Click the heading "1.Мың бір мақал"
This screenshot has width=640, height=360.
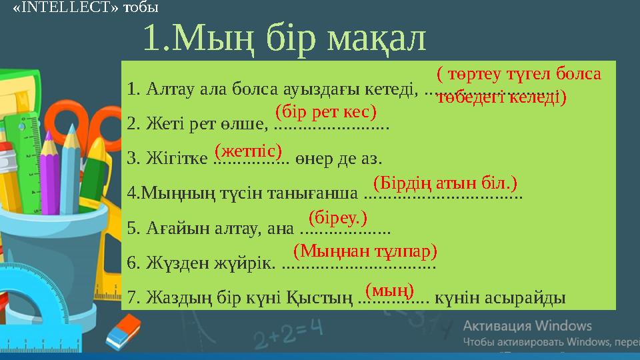coord(284,39)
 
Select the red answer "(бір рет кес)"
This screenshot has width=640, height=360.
coord(326,109)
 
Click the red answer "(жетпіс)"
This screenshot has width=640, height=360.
coord(248,147)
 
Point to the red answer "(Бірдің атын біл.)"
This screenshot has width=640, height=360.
coord(445,182)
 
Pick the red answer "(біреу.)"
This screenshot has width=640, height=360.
coord(338,217)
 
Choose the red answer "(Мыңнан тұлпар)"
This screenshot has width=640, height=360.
coord(365,251)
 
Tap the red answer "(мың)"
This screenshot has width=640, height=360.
coord(390,289)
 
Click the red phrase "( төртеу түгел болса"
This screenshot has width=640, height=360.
coord(519,73)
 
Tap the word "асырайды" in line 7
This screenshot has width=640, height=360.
coord(531,297)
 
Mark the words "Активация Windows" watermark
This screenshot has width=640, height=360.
coord(527,326)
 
